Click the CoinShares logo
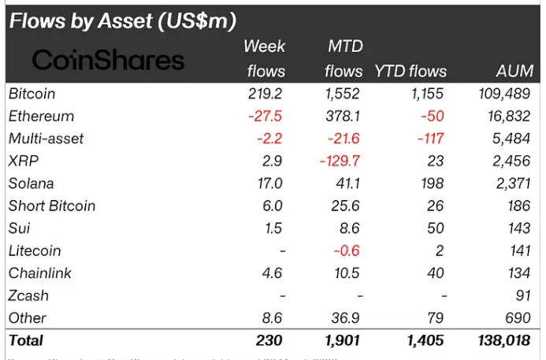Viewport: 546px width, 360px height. tap(108, 59)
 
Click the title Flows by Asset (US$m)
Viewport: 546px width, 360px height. tap(123, 20)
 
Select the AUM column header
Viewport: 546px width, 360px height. tap(515, 72)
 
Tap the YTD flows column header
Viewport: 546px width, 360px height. tap(410, 72)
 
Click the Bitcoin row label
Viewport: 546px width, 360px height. tap(32, 94)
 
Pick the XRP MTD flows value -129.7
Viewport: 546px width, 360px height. tap(342, 161)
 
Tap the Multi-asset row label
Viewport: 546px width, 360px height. tap(46, 139)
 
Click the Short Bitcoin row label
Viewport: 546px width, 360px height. tap(51, 206)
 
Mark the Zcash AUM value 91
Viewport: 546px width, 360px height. tap(524, 295)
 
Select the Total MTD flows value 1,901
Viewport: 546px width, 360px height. tap(344, 341)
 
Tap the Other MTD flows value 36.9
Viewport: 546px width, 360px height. tap(347, 318)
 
